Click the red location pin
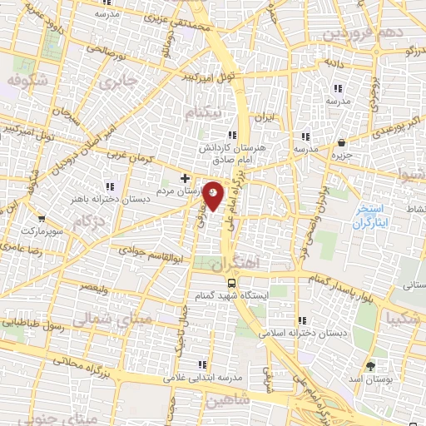click(214, 196)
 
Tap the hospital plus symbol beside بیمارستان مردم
click(184, 178)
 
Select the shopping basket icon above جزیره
click(344, 141)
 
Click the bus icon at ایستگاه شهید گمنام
click(231, 281)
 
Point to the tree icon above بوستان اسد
click(370, 366)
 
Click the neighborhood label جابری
click(114, 82)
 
